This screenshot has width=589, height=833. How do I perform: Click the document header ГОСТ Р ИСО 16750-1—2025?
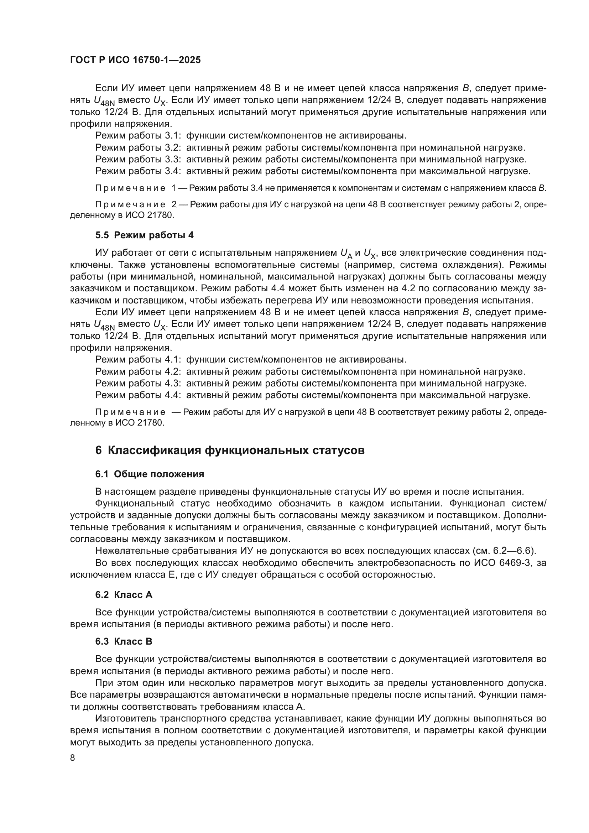(135, 60)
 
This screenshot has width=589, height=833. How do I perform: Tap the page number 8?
(73, 758)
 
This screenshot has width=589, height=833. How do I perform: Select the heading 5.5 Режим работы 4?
(144, 235)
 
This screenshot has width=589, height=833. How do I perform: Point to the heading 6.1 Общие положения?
(150, 474)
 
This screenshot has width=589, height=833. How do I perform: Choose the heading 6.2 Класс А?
(124, 595)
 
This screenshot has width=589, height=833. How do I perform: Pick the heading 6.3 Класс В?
(124, 641)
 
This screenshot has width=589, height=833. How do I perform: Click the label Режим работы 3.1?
(138, 136)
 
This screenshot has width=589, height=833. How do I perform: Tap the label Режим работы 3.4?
(138, 171)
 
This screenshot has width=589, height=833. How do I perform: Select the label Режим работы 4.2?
(138, 371)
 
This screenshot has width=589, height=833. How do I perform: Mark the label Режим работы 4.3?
(138, 383)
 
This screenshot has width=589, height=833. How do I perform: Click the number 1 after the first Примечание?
(174, 188)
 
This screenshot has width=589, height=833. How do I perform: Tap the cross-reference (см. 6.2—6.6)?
(504, 551)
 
